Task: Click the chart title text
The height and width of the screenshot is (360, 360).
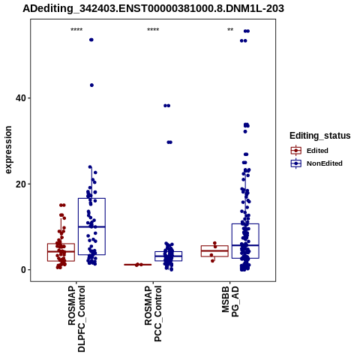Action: pos(153,9)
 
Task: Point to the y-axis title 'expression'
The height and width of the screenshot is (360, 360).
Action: pos(8,150)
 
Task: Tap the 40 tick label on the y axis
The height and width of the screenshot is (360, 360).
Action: pos(21,98)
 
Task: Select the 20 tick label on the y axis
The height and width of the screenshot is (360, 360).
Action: pos(21,184)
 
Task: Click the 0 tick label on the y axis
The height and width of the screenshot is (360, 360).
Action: pos(24,270)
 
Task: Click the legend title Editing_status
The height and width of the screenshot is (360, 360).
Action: pos(320,136)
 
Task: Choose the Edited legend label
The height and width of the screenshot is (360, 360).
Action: pos(317,151)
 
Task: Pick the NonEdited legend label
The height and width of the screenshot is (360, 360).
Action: pos(325,163)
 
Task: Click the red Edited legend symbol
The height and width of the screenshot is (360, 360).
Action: pos(296,151)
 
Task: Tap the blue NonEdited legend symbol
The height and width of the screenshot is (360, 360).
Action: pos(296,163)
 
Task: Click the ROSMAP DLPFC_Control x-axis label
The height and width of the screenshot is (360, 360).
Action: pos(76,319)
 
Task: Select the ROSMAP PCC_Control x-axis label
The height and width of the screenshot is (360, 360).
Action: pos(153,313)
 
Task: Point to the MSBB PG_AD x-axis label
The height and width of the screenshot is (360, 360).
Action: pos(230,301)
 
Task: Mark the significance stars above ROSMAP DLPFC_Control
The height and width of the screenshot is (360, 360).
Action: pos(76,30)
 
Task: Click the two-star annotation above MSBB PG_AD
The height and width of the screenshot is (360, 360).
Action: pos(230,30)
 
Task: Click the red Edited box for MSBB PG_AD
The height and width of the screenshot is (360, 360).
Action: pos(214,251)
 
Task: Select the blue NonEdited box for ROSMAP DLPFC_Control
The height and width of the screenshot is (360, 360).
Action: pos(91,226)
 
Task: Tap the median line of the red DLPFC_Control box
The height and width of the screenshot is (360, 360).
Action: pos(61,251)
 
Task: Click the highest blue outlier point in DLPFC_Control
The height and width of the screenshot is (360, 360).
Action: pos(91,40)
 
